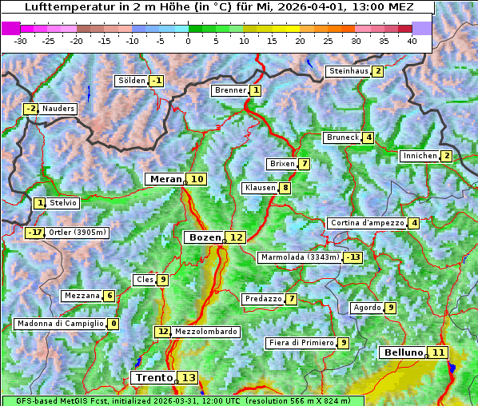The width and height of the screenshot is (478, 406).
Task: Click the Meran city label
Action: [x=165, y=179]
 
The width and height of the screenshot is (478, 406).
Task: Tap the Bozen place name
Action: [x=203, y=237]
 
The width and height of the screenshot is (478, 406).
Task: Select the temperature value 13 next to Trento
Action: [x=188, y=377]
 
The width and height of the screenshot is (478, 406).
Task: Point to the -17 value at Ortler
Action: [x=34, y=233]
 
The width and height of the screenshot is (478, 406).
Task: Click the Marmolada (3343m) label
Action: [x=300, y=257]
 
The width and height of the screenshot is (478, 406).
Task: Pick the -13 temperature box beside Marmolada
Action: [x=353, y=257]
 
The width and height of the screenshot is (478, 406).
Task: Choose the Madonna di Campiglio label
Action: [x=60, y=324]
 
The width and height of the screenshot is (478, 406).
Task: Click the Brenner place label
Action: [x=230, y=90]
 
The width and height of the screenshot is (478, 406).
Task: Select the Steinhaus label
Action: [x=349, y=71]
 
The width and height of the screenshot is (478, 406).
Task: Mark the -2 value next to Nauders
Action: [x=30, y=109]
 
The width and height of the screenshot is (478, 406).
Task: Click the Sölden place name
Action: [x=132, y=81]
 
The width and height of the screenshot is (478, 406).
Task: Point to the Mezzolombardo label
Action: [x=205, y=332]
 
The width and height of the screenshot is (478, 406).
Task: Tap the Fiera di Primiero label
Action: [x=301, y=343]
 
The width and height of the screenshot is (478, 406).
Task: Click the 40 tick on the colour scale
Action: [x=412, y=41]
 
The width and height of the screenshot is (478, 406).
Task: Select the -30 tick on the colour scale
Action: [x=21, y=41]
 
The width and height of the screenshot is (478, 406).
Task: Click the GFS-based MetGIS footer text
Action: [x=56, y=401]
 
